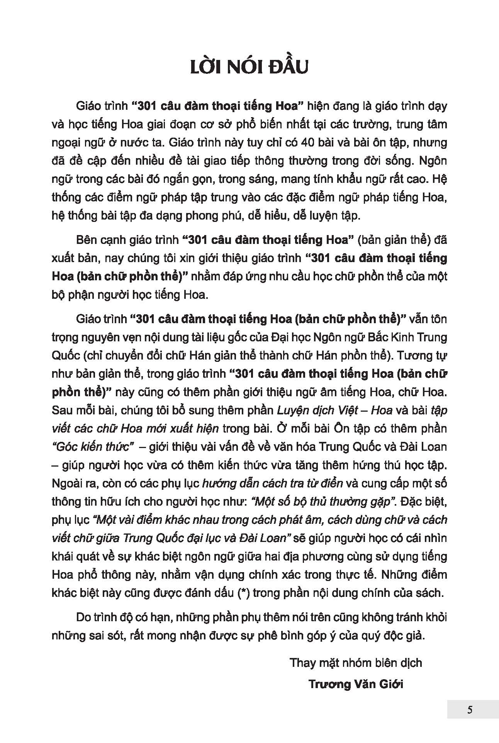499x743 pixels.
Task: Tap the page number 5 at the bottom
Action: (470, 709)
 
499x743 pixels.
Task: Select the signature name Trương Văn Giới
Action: (356, 684)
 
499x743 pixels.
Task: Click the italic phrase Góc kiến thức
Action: (95, 446)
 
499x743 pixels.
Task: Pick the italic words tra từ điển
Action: (303, 483)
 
